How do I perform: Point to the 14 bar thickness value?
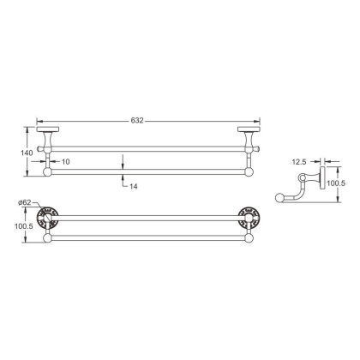tap(134, 185)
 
